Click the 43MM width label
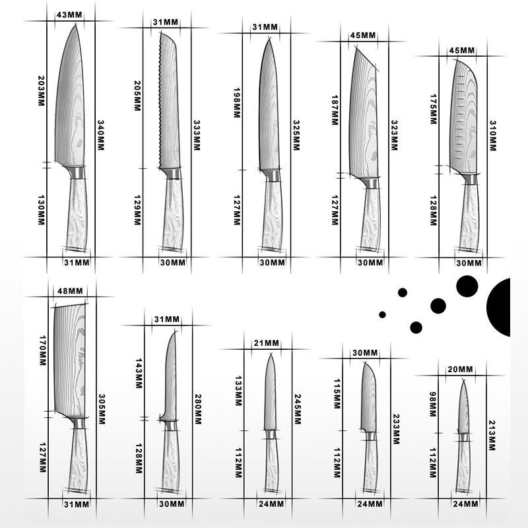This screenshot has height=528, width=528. [x=65, y=15]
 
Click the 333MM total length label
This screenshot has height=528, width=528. [x=196, y=135]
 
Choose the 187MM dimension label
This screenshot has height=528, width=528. [x=335, y=108]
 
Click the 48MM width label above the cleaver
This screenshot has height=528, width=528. [x=71, y=291]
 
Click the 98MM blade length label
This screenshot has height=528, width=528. [x=433, y=403]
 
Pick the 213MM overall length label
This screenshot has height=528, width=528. [x=492, y=436]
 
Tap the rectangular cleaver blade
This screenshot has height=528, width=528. [x=70, y=360]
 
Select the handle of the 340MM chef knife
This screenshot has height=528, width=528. [x=77, y=214]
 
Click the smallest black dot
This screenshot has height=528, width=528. [x=382, y=313]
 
